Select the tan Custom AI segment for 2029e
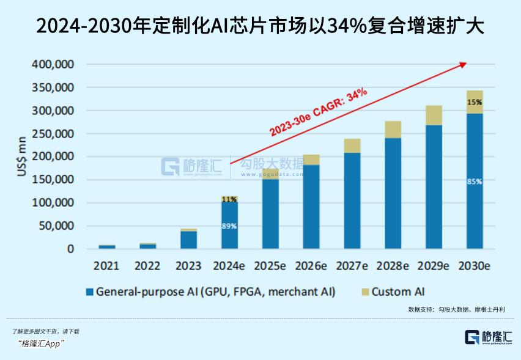tap(434, 116)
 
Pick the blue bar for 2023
tap(189, 240)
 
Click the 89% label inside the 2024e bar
tap(229, 226)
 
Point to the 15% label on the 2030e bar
tap(475, 102)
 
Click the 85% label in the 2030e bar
tap(475, 182)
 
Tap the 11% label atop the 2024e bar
tap(229, 199)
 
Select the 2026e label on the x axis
tap(311, 266)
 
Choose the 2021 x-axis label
tap(106, 266)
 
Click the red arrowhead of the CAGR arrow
tap(463, 64)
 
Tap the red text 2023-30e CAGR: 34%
tap(319, 111)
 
